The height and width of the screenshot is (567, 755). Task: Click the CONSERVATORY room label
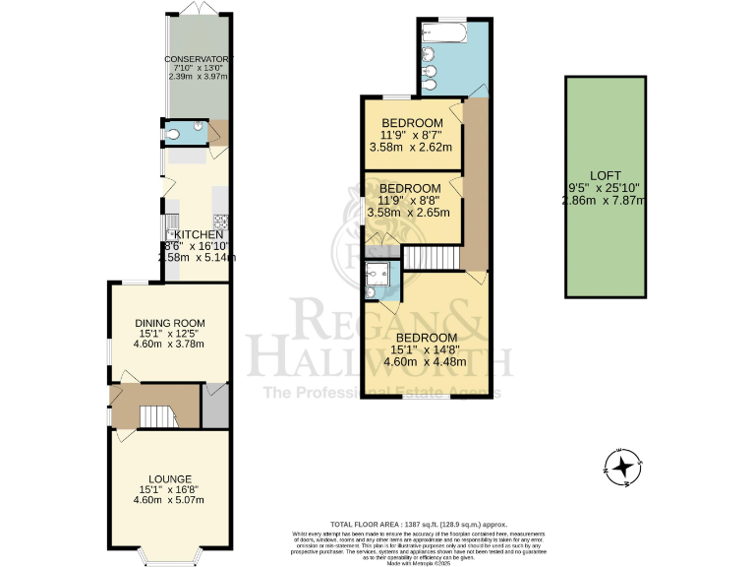click(198, 59)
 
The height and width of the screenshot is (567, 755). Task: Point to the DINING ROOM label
click(169, 322)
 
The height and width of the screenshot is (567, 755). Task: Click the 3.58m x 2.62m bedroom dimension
click(410, 148)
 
